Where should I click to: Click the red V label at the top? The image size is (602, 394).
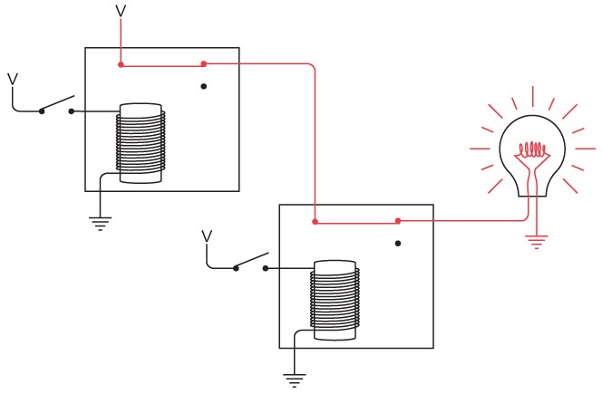[x=121, y=12]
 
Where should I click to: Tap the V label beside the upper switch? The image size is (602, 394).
[x=13, y=79]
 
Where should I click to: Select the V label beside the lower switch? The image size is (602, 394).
[x=207, y=236]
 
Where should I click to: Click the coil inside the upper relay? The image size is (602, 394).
[x=142, y=145]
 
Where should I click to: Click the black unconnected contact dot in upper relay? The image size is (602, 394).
[x=204, y=87]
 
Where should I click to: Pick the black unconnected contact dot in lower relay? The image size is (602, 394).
[x=398, y=244]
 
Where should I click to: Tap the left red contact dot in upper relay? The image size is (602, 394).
[x=121, y=64]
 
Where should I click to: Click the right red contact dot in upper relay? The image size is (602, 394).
[x=204, y=63]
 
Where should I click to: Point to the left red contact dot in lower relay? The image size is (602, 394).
[x=315, y=221]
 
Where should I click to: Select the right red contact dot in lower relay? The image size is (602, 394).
[x=398, y=221]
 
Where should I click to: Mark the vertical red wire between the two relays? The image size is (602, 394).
[x=315, y=145]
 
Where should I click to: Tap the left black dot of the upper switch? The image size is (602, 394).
[x=41, y=111]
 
